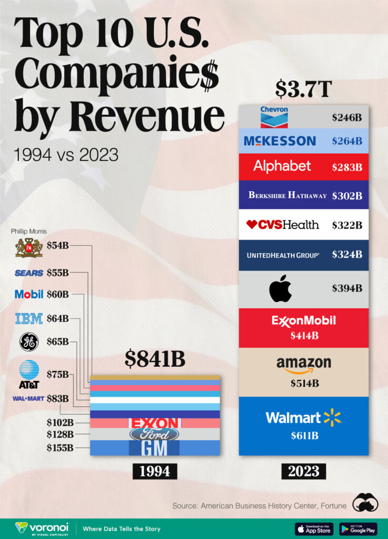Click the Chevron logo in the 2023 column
point(274,117)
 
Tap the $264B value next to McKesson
point(346,141)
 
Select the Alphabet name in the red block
point(282,166)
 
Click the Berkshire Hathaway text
point(287,195)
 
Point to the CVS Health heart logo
point(252,224)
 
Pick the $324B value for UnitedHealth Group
point(346,254)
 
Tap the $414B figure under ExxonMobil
point(303,335)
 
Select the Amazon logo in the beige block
point(304,364)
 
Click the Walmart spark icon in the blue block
point(332,417)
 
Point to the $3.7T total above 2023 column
point(303,89)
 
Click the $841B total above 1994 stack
point(155,359)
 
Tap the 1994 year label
point(155,470)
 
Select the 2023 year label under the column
point(303,470)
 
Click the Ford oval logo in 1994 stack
point(154,434)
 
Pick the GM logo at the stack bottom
point(154,448)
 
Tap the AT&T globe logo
point(29,369)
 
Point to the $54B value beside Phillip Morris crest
point(57,245)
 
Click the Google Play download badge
point(358,528)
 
